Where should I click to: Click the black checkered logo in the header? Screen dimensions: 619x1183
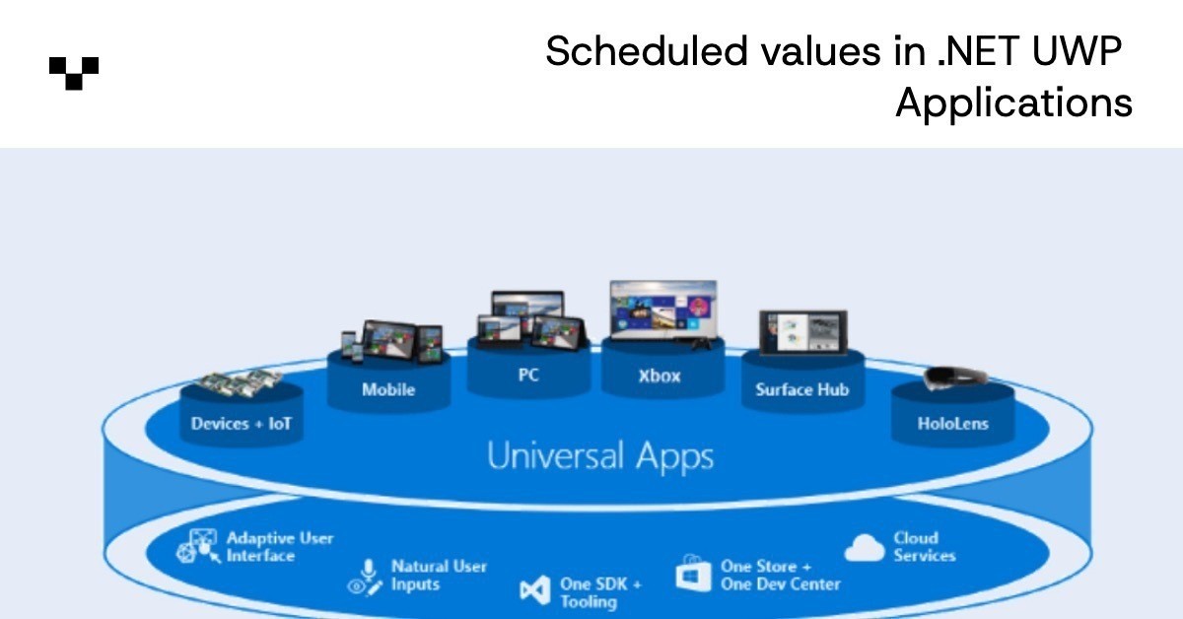pyautogui.click(x=74, y=73)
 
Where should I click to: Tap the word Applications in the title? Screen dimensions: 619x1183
pyautogui.click(x=1013, y=103)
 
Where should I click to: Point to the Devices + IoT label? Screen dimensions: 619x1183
pyautogui.click(x=242, y=425)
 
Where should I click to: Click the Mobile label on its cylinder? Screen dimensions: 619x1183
pyautogui.click(x=388, y=389)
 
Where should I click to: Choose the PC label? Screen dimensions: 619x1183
pyautogui.click(x=528, y=376)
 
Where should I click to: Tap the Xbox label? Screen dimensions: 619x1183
pyautogui.click(x=661, y=376)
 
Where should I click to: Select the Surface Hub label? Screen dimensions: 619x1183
pyautogui.click(x=802, y=389)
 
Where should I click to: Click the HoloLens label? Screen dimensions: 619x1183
pyautogui.click(x=952, y=425)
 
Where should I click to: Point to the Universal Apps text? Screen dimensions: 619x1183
pyautogui.click(x=600, y=456)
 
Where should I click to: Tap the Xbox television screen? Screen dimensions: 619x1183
pyautogui.click(x=661, y=309)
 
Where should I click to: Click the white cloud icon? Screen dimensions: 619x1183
pyautogui.click(x=865, y=548)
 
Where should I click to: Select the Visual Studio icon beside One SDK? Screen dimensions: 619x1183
pyautogui.click(x=534, y=590)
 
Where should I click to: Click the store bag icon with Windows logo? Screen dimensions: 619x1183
pyautogui.click(x=694, y=573)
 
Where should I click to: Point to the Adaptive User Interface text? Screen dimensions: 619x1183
pyautogui.click(x=280, y=547)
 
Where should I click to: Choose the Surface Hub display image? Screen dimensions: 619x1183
pyautogui.click(x=802, y=332)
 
